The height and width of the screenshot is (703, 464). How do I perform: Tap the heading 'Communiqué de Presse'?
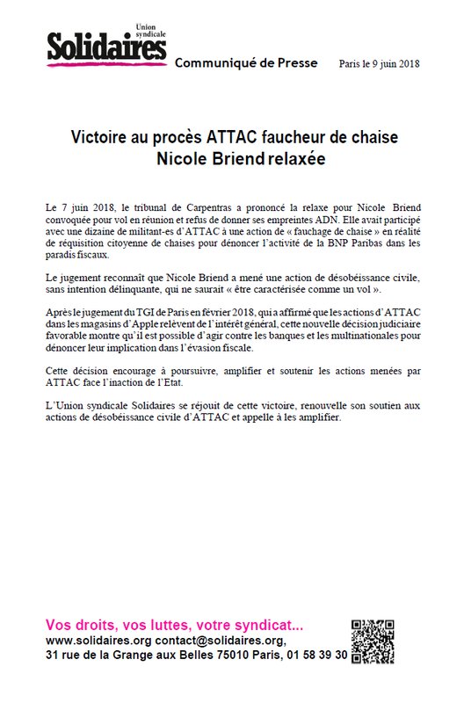click(x=238, y=65)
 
